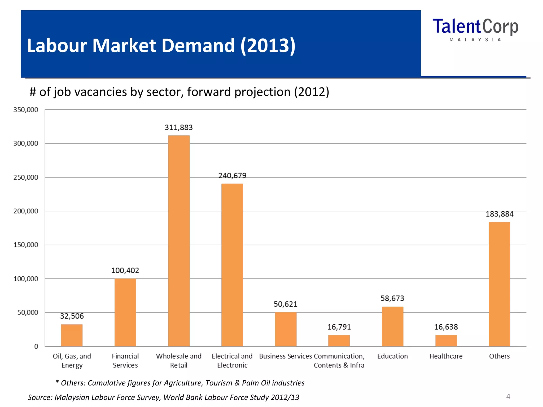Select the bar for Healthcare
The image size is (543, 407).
[x=446, y=340]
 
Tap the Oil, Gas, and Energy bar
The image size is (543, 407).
[x=72, y=335]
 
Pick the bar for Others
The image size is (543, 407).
[x=499, y=284]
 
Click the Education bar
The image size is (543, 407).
[x=392, y=326]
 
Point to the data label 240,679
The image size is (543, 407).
[x=232, y=176]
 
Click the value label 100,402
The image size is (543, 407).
[x=125, y=271]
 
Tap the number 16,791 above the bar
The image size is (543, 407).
[x=339, y=327]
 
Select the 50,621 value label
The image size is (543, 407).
[x=285, y=304]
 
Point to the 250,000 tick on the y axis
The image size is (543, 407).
[x=26, y=178]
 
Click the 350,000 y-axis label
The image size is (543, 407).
[x=26, y=110]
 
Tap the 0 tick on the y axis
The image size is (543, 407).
[x=36, y=347]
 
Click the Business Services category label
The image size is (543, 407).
[x=285, y=356]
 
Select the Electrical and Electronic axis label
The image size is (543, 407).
[x=232, y=361]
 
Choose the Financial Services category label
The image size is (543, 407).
[x=125, y=361]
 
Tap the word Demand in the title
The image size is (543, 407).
[x=198, y=46]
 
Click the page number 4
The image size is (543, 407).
[x=508, y=396]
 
